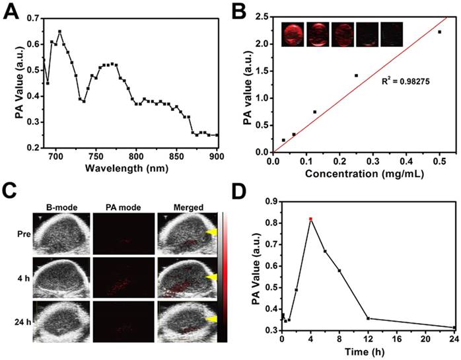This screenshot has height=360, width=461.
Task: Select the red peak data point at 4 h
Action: pos(310,219)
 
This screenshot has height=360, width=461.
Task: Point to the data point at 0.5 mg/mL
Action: pos(439,32)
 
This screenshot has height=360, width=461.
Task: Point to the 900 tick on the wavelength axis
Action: pos(217,157)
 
